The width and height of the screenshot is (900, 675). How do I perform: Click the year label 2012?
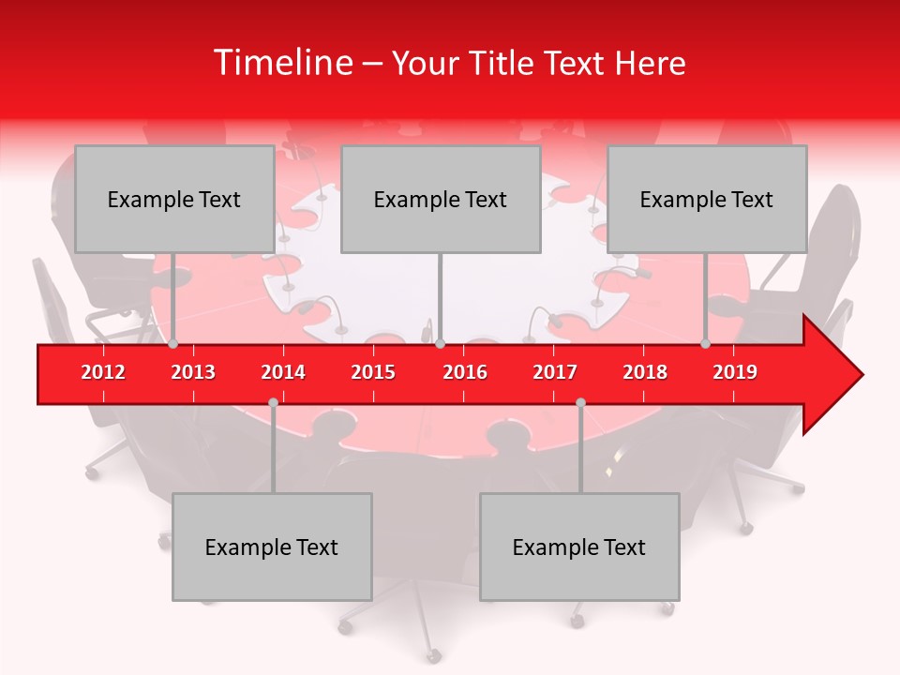click(x=103, y=372)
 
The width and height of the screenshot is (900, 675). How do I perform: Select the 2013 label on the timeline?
click(x=193, y=372)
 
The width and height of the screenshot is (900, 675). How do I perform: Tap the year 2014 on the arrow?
click(x=283, y=372)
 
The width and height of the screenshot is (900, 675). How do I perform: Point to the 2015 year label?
click(x=373, y=372)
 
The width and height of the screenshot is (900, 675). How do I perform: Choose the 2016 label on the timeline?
click(x=465, y=372)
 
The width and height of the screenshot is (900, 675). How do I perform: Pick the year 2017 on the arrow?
click(x=555, y=372)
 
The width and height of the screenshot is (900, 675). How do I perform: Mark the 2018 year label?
click(x=645, y=372)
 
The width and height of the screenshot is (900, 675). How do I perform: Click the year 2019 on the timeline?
click(x=735, y=372)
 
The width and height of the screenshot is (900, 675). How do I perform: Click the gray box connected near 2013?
click(x=174, y=199)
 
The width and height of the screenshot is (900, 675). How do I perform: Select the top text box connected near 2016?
click(x=441, y=199)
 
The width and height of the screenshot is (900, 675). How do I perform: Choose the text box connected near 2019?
click(x=707, y=199)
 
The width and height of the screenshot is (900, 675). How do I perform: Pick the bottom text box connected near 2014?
click(x=272, y=547)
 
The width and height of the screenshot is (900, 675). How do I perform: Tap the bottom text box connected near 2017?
click(x=579, y=547)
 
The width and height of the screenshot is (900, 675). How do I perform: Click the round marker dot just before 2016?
click(x=441, y=344)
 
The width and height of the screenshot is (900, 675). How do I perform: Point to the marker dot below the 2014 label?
click(x=273, y=402)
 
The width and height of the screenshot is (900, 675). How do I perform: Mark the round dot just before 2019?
click(x=706, y=344)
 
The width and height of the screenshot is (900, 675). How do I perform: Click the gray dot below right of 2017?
click(x=580, y=402)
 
